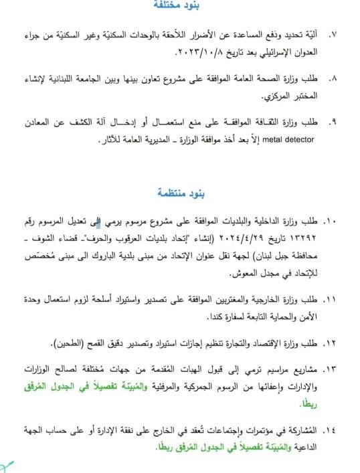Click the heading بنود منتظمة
pyautogui.click(x=180, y=194)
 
